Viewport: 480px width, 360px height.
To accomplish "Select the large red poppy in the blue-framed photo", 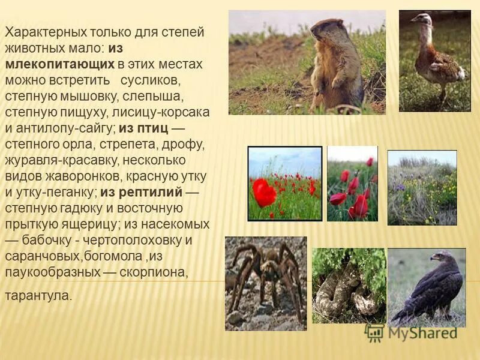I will coord(264,192).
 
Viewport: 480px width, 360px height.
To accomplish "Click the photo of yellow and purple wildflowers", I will coord(422,188).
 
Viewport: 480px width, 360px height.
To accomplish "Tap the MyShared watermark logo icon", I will coord(374,332).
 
